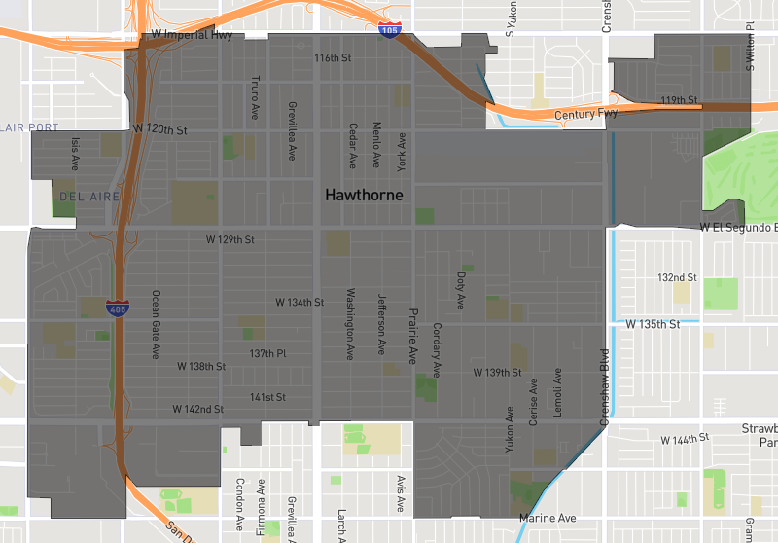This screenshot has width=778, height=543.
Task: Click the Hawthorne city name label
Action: click(x=364, y=196)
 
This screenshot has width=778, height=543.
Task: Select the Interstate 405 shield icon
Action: click(x=117, y=309)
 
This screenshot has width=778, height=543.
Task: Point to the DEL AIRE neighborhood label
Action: click(x=88, y=197)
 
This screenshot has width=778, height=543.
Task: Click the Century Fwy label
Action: click(x=586, y=115)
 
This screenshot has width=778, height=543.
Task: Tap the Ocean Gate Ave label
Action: click(x=154, y=325)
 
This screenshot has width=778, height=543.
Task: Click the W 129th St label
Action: click(x=230, y=239)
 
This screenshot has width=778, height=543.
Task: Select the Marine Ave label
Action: click(x=548, y=518)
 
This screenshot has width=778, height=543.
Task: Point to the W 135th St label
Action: click(x=654, y=323)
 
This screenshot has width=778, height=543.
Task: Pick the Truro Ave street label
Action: click(x=255, y=95)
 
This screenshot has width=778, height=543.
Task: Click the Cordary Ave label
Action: click(x=437, y=350)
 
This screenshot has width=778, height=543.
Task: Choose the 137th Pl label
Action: click(x=267, y=353)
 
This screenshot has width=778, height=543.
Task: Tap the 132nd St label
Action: click(x=677, y=277)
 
